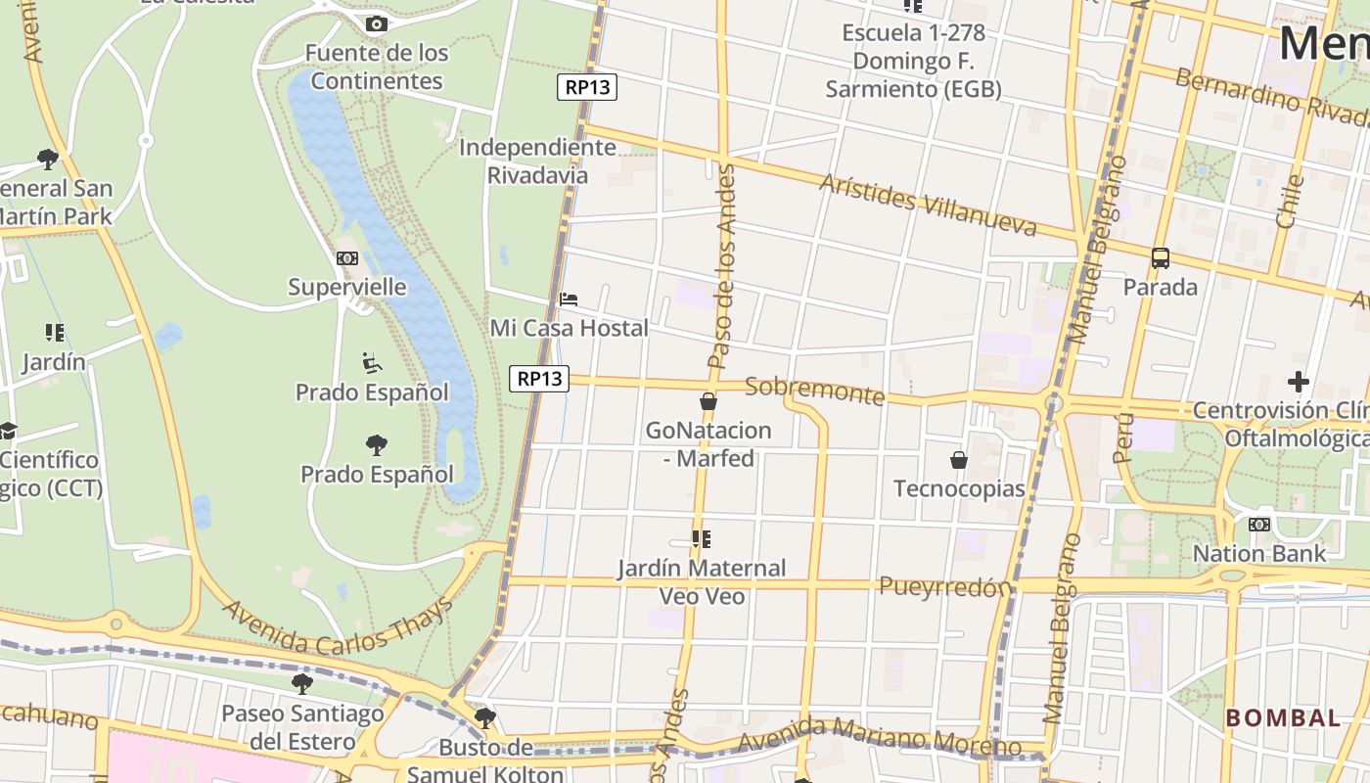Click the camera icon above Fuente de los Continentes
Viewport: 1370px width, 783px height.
[x=376, y=23]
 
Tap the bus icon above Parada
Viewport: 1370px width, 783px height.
[x=1161, y=258]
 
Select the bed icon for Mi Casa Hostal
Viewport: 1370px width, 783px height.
[x=569, y=299]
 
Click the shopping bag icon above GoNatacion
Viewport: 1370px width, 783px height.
[x=708, y=401]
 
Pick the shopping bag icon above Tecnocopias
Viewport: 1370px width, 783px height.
[x=959, y=459]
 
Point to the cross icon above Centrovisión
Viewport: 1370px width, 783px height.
[x=1299, y=381]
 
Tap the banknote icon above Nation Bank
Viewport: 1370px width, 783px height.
[x=1259, y=525]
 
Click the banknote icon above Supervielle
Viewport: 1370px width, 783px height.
[x=347, y=258]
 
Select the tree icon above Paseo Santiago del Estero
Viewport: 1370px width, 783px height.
[x=302, y=683]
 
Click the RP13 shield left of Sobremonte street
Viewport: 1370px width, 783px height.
[x=539, y=378]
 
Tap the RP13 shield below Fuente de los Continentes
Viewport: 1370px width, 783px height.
[x=587, y=87]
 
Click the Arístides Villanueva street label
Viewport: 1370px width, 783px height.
[x=928, y=206]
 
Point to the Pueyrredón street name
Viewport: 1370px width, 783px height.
[x=944, y=586]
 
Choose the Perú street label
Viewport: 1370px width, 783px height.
[x=1122, y=437]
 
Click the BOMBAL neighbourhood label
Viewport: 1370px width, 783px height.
[x=1283, y=717]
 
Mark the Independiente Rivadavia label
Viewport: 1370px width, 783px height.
[x=537, y=161]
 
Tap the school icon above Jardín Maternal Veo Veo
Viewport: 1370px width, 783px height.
[x=701, y=538]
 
